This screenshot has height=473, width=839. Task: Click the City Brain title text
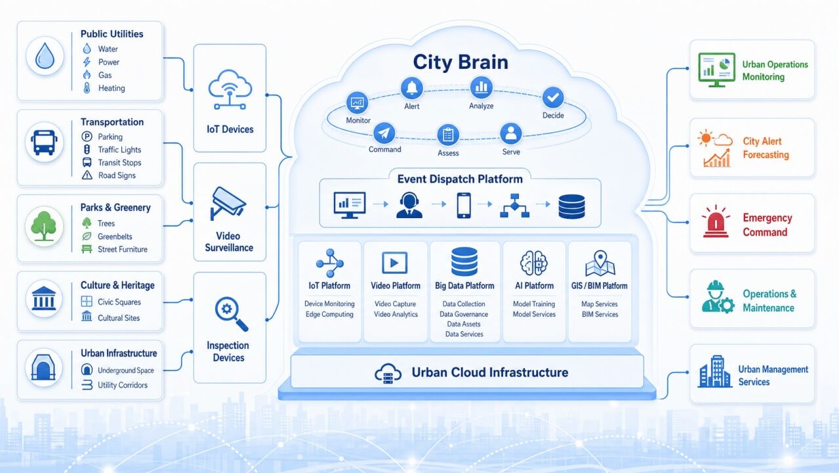460,62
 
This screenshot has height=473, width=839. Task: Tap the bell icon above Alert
412,88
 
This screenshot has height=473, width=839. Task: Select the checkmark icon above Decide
553,97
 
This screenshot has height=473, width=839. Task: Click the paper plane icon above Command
384,133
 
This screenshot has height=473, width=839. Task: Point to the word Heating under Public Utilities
112,88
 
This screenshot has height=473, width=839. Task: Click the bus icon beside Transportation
44,142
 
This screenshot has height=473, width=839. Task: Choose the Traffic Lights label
119,150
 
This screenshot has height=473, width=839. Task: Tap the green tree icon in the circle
44,226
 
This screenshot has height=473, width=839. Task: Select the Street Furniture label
123,250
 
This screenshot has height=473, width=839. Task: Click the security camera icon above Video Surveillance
228,203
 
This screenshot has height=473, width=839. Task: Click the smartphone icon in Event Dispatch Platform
464,205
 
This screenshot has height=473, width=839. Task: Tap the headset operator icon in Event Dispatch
409,205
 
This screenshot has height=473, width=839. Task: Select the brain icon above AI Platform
534,263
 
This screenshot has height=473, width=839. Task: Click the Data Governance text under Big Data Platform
464,314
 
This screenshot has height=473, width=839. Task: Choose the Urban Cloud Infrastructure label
490,372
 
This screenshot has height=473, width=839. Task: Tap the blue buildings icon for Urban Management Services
714,371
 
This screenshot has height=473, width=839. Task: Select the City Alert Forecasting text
766,148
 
